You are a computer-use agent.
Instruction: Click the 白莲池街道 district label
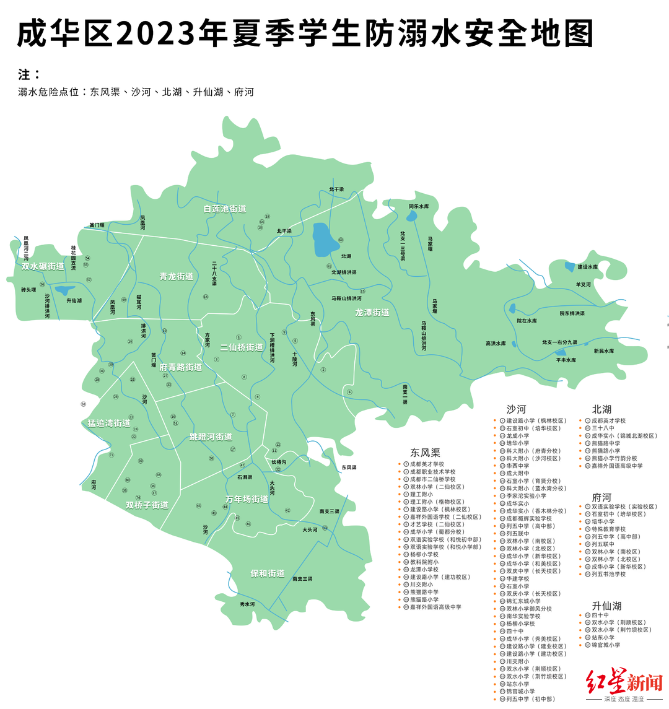(x=225, y=209)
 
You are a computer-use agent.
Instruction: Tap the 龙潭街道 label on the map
(x=372, y=313)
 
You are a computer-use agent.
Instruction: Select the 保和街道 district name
(x=268, y=574)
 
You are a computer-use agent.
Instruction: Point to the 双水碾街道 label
(x=43, y=266)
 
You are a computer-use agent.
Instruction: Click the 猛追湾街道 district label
(x=109, y=424)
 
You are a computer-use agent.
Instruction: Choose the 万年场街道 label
(x=247, y=499)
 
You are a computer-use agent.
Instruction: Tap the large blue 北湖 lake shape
(x=323, y=241)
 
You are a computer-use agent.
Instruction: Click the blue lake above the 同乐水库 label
(x=412, y=216)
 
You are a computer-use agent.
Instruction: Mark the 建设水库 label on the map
(x=587, y=267)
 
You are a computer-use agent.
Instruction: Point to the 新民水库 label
(x=604, y=351)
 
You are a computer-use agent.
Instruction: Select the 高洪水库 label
(x=496, y=344)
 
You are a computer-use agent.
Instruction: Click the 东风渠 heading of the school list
(x=425, y=453)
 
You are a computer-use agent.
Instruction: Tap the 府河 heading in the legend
(x=601, y=497)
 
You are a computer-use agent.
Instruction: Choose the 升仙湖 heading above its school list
(x=606, y=606)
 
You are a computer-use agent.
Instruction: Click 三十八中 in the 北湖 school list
(x=603, y=428)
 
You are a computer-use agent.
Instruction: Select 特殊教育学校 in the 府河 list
(x=608, y=529)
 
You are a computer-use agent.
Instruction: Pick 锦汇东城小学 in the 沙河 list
(x=523, y=601)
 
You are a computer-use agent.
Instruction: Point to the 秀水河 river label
(x=247, y=604)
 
